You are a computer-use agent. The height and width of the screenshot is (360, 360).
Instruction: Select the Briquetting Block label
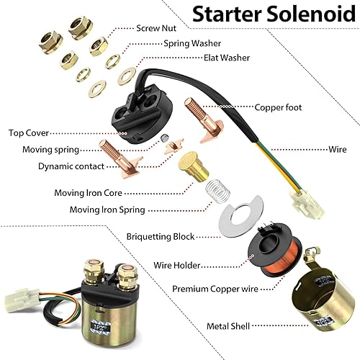tap(160, 236)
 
